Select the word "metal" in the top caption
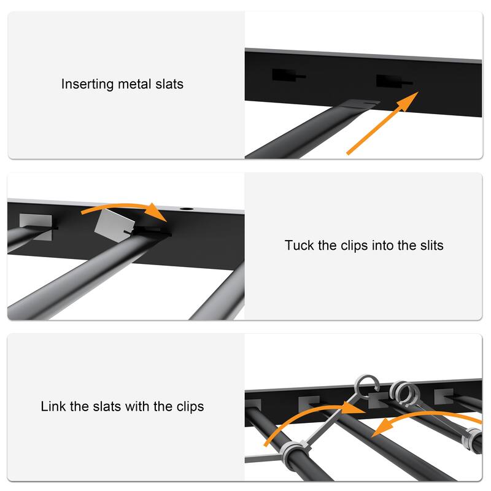point(130,84)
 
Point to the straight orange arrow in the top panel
point(382,123)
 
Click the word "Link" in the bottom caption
point(53,406)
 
